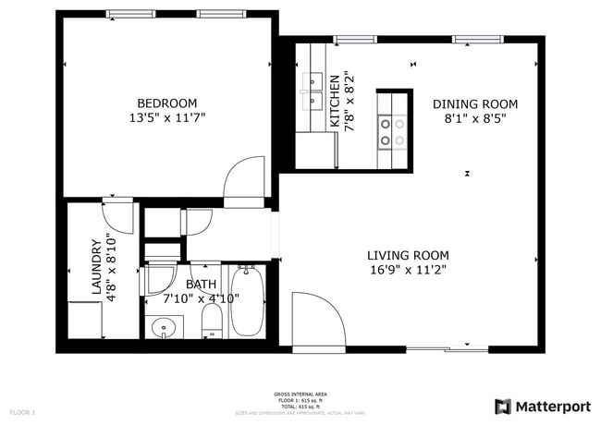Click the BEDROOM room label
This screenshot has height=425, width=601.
(166, 103)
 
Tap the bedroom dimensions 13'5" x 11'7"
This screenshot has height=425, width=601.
(166, 118)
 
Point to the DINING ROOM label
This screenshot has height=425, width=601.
(475, 103)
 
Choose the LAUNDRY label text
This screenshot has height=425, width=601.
(95, 268)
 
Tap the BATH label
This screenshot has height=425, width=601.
(202, 285)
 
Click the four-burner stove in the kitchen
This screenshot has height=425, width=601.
(393, 131)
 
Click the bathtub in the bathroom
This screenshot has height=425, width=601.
(246, 300)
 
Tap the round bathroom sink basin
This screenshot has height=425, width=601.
(164, 327)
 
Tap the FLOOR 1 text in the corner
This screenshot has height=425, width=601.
(22, 411)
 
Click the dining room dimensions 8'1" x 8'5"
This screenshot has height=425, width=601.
(475, 118)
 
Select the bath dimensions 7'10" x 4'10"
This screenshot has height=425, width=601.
(202, 298)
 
